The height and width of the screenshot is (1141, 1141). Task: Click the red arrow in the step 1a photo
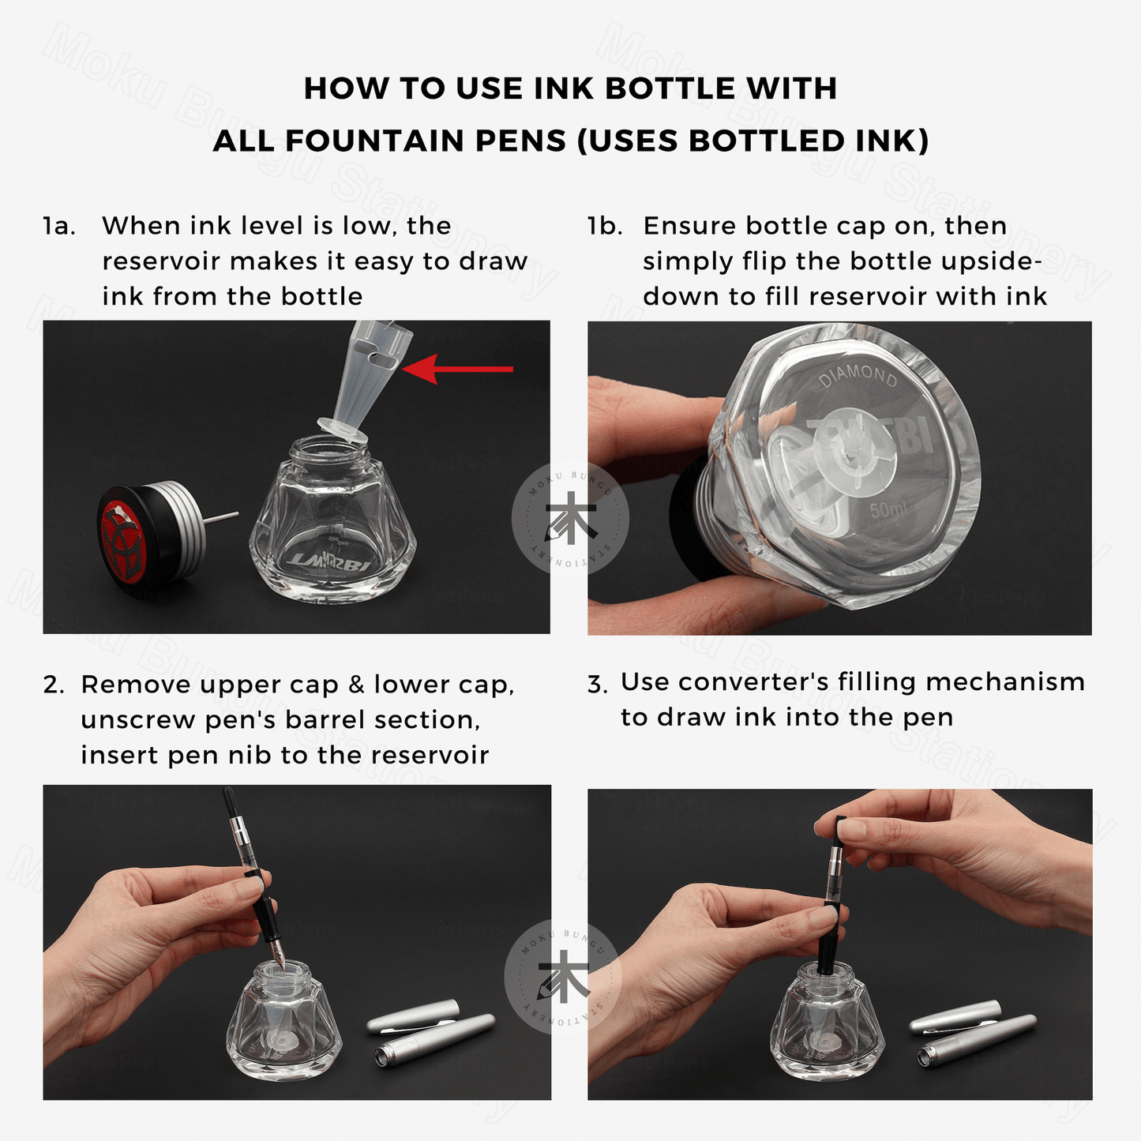point(457,369)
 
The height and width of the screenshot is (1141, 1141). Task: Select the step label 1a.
point(59,226)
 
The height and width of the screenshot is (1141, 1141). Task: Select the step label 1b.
point(605,226)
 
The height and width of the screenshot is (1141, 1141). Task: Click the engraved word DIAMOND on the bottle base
point(858,377)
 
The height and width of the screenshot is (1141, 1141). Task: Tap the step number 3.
point(597,684)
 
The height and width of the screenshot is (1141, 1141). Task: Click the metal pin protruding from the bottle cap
point(221,516)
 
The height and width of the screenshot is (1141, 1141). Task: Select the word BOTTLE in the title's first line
point(669,88)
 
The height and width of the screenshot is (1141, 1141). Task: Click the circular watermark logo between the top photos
point(570,519)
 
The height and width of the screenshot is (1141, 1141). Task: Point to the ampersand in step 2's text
point(356,685)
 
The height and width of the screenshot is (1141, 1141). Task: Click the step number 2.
point(53,685)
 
